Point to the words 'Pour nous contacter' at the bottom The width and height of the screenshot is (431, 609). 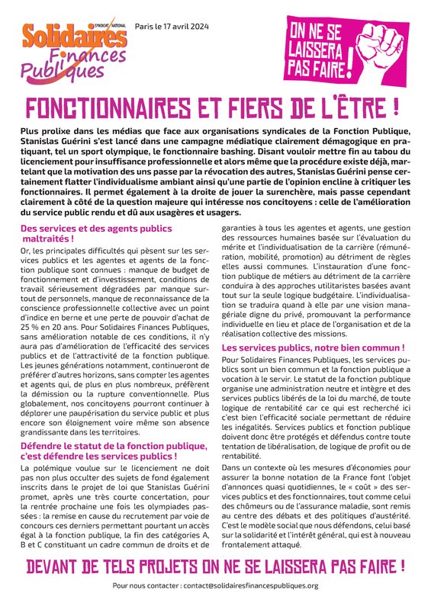(x=145, y=585)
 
